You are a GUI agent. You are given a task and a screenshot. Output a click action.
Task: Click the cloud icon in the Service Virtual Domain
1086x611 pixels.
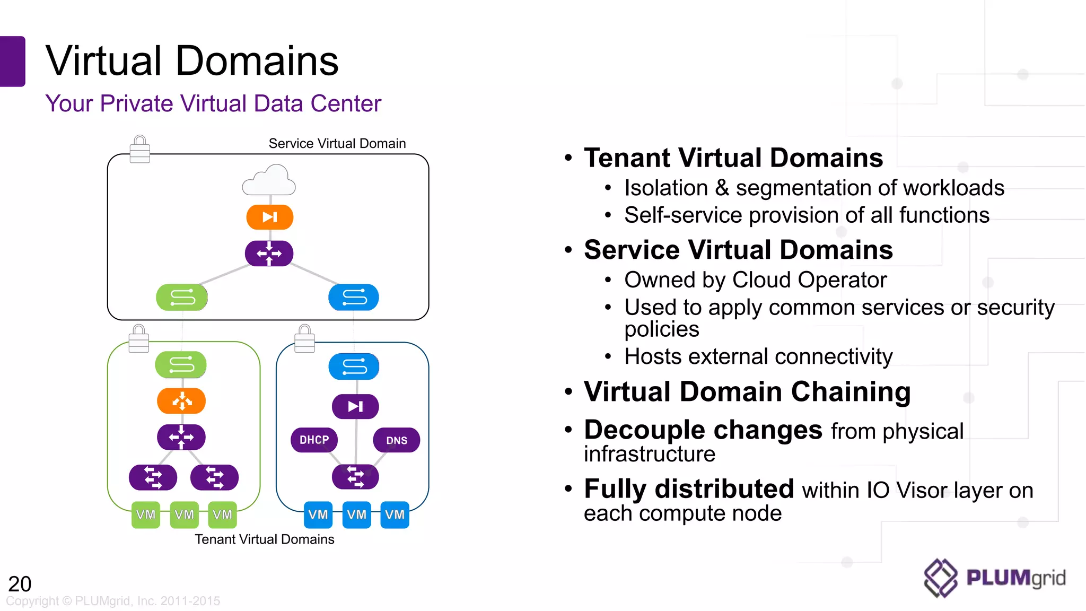pyautogui.click(x=269, y=181)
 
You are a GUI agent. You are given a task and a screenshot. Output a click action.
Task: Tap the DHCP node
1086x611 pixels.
pyautogui.click(x=314, y=440)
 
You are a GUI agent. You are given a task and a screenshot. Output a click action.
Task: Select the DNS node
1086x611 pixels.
pyautogui.click(x=397, y=440)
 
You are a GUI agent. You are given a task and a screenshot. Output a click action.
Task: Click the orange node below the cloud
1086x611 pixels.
pyautogui.click(x=269, y=217)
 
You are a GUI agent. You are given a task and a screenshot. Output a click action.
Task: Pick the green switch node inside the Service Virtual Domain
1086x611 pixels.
pyautogui.click(x=182, y=297)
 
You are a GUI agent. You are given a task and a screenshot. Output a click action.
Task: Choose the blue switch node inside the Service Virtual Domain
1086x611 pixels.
pyautogui.click(x=354, y=297)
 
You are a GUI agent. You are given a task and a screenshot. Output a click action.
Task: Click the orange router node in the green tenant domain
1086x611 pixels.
pyautogui.click(x=181, y=401)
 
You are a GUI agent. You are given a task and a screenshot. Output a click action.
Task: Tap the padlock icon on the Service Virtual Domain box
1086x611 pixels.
pyautogui.click(x=140, y=150)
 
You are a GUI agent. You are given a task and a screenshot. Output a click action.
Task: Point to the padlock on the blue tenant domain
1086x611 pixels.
pyautogui.click(x=304, y=339)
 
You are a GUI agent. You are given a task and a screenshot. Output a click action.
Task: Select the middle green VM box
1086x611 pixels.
pyautogui.click(x=184, y=514)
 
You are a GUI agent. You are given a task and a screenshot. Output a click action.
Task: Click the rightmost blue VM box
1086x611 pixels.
pyautogui.click(x=395, y=514)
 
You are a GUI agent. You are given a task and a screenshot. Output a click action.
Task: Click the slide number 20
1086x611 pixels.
pyautogui.click(x=20, y=584)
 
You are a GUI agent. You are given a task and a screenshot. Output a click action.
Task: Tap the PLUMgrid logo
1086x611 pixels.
pyautogui.click(x=994, y=578)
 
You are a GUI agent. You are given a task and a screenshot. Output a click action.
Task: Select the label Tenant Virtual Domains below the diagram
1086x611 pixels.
pyautogui.click(x=264, y=539)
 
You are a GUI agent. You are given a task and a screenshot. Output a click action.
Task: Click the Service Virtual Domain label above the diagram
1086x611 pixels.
pyautogui.click(x=337, y=144)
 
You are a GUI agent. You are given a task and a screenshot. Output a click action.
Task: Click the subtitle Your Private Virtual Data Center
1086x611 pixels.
pyautogui.click(x=213, y=103)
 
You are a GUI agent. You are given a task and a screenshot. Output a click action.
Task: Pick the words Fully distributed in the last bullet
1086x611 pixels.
pyautogui.click(x=688, y=488)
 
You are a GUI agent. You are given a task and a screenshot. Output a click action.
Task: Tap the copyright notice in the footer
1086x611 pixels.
pyautogui.click(x=113, y=601)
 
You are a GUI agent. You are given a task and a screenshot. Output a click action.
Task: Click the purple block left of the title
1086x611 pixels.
pyautogui.click(x=12, y=61)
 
